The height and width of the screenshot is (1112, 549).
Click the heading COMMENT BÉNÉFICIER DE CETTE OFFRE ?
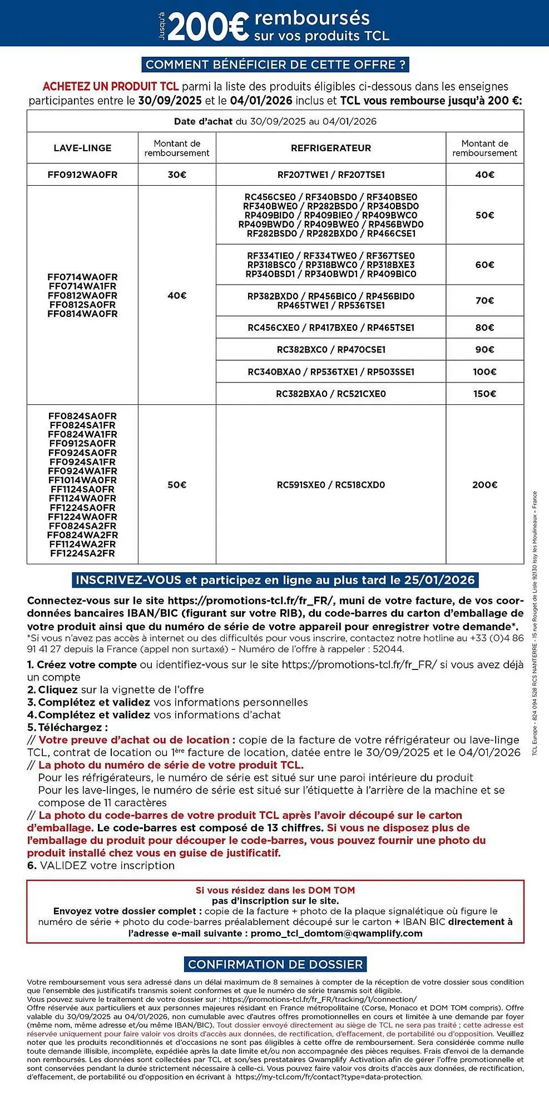tap(275, 64)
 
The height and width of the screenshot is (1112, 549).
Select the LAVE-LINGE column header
tap(82, 148)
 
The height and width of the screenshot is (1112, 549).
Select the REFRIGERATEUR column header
tap(330, 148)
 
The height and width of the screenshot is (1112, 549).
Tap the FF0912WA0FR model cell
tap(82, 175)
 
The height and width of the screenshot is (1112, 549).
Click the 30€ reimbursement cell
tap(177, 175)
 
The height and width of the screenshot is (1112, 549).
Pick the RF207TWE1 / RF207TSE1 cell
tap(330, 175)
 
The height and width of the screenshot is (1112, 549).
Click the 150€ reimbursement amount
tap(484, 394)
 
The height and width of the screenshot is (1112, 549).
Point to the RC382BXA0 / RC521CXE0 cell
tap(330, 394)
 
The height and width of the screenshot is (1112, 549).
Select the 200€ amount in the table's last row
tap(484, 485)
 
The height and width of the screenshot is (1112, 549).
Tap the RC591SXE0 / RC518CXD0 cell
tap(330, 485)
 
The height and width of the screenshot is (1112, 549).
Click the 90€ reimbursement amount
tap(484, 350)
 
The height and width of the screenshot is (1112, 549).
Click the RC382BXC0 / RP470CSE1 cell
tap(330, 350)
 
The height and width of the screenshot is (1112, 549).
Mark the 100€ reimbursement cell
tap(484, 371)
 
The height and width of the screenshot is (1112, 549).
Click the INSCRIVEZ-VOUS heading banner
tap(275, 580)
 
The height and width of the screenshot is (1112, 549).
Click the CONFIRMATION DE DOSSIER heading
tap(275, 964)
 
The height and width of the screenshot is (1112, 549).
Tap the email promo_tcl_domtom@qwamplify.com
tap(336, 934)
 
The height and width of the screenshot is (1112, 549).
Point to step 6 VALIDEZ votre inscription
tap(101, 866)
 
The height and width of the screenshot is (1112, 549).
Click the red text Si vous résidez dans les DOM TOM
tap(275, 890)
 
